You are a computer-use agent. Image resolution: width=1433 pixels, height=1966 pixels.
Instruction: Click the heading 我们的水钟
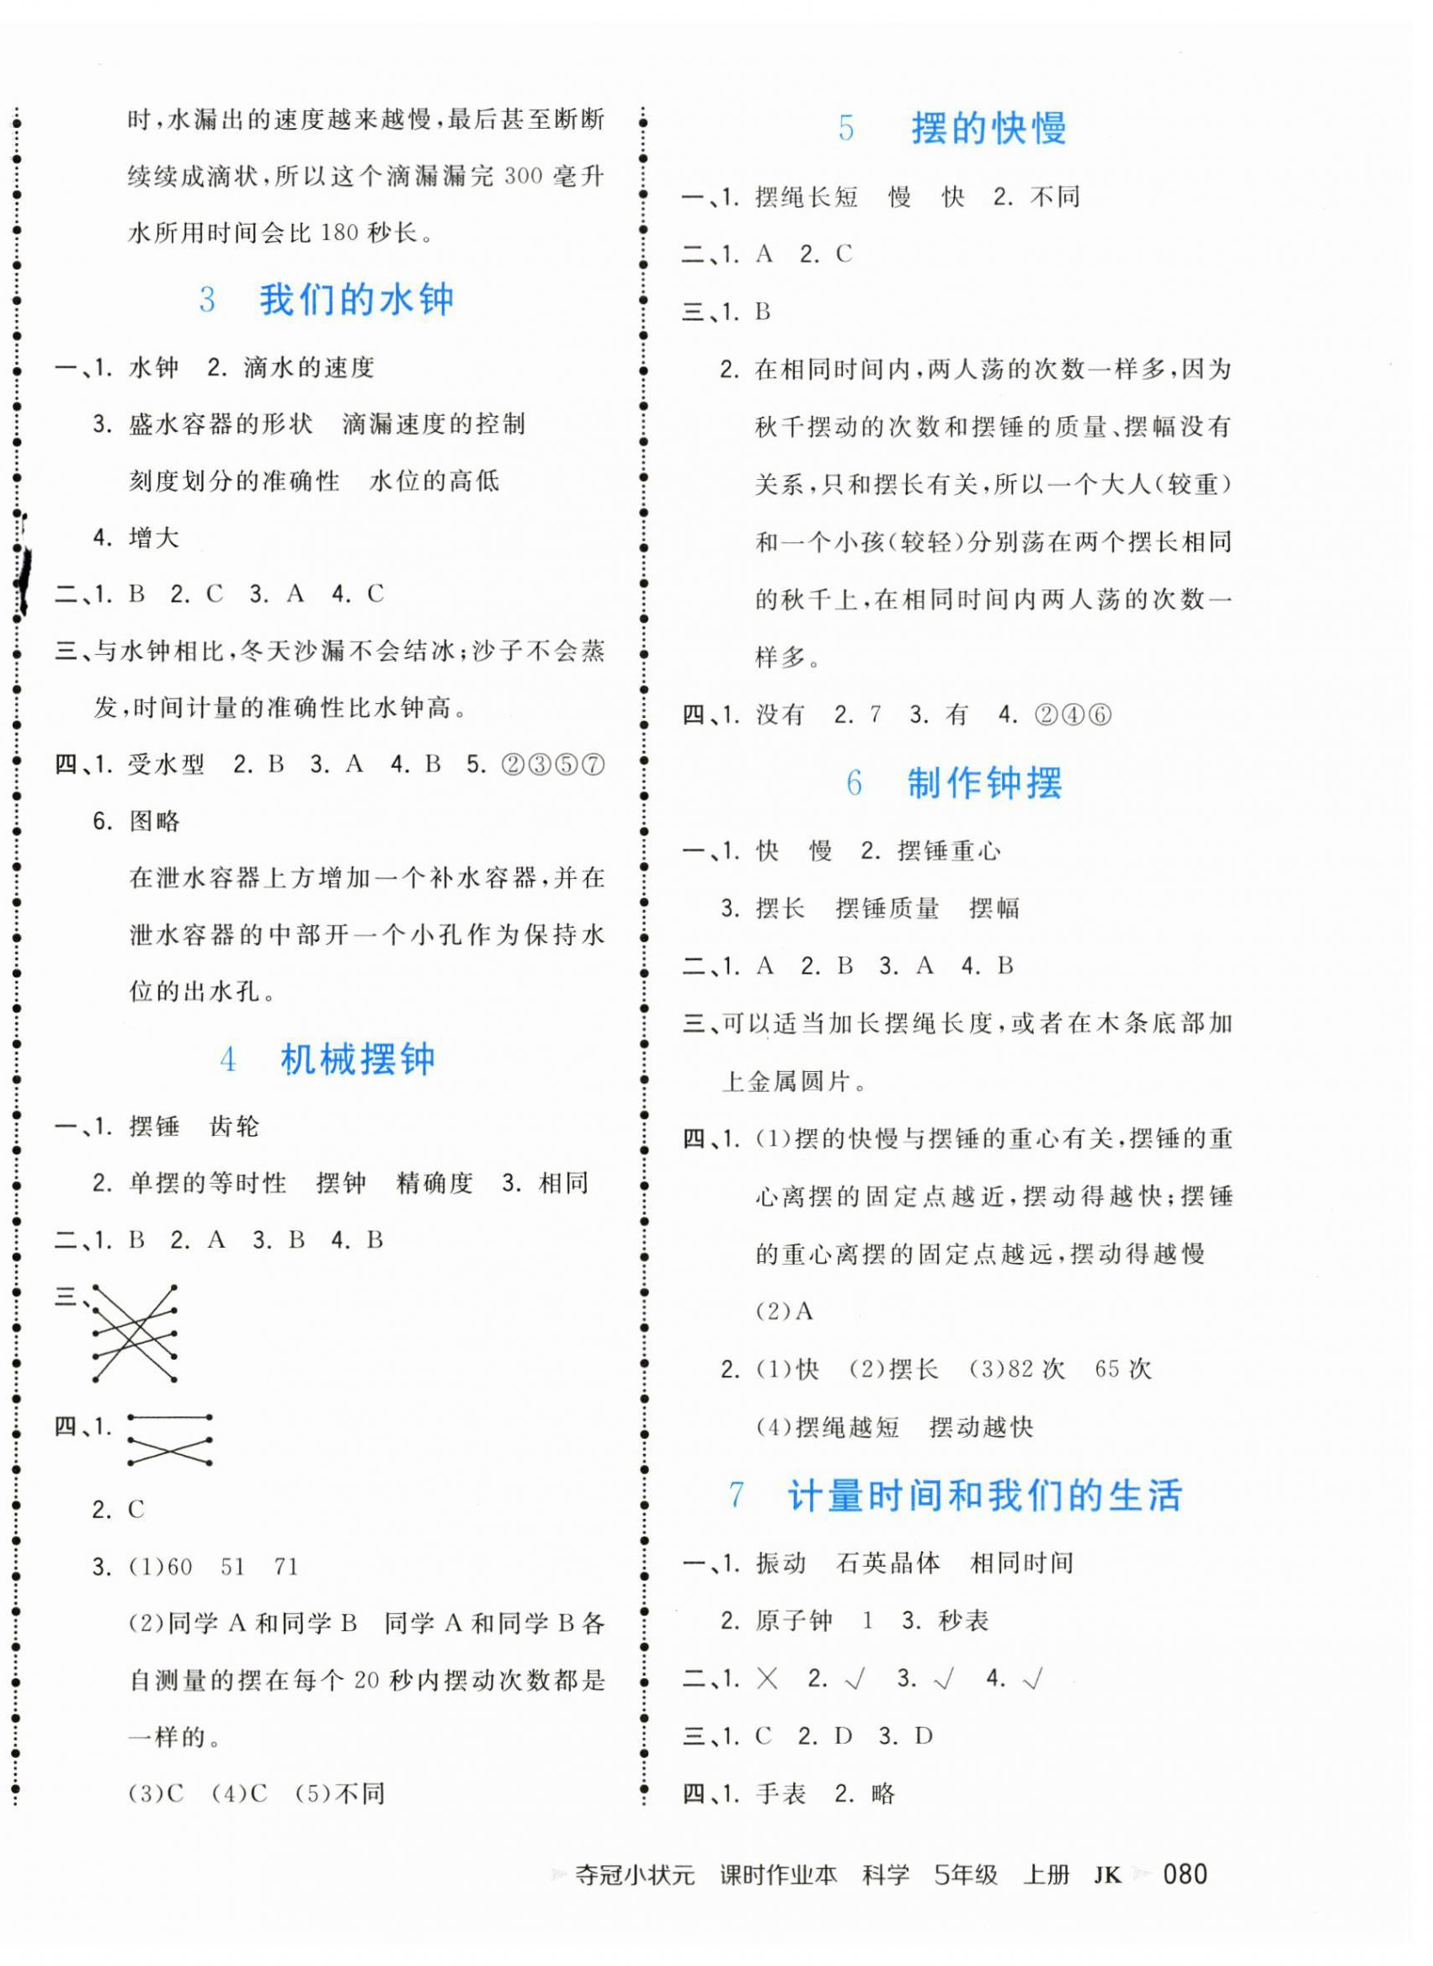355,300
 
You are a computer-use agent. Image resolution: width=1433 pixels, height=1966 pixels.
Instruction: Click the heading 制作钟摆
983,783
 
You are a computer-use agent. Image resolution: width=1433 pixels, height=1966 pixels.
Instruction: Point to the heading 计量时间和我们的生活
983,1496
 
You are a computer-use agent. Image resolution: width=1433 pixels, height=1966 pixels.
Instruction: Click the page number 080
1184,1875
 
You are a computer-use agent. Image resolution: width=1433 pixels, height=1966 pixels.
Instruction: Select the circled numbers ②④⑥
1073,716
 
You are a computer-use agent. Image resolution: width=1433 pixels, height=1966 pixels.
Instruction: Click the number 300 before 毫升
523,177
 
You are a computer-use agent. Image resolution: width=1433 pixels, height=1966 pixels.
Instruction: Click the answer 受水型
167,765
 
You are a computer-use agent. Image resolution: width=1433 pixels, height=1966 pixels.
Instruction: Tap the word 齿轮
234,1127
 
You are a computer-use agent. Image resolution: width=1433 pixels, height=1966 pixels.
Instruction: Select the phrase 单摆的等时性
207,1184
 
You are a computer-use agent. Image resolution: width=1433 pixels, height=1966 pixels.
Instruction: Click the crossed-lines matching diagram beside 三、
135,1333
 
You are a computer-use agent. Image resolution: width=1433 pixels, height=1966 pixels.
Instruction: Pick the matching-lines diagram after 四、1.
170,1441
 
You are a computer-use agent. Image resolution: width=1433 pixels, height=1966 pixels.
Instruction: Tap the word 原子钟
794,1621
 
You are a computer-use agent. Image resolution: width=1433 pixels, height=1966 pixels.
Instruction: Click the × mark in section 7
767,1679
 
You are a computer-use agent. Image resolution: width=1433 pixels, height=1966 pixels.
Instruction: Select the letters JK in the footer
1107,1876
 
